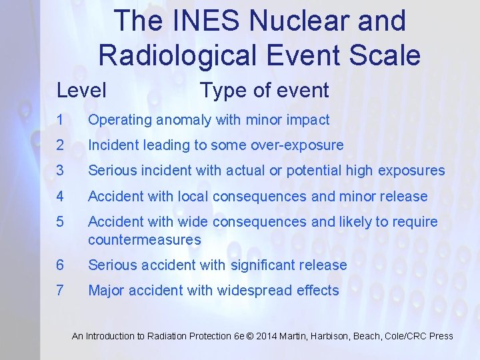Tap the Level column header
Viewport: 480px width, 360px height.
(x=81, y=90)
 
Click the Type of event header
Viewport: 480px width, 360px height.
(x=264, y=90)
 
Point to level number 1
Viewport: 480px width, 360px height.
(x=60, y=120)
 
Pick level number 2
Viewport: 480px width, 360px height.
(x=60, y=145)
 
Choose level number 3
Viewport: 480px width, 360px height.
(x=60, y=171)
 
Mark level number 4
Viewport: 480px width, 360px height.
(x=60, y=196)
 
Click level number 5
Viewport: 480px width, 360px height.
(x=60, y=221)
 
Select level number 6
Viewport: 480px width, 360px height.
(x=60, y=265)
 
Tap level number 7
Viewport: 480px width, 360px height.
(x=60, y=291)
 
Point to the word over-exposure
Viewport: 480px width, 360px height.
(x=302, y=145)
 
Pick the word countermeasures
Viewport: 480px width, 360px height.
(x=144, y=239)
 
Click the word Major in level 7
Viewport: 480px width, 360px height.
(x=107, y=291)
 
